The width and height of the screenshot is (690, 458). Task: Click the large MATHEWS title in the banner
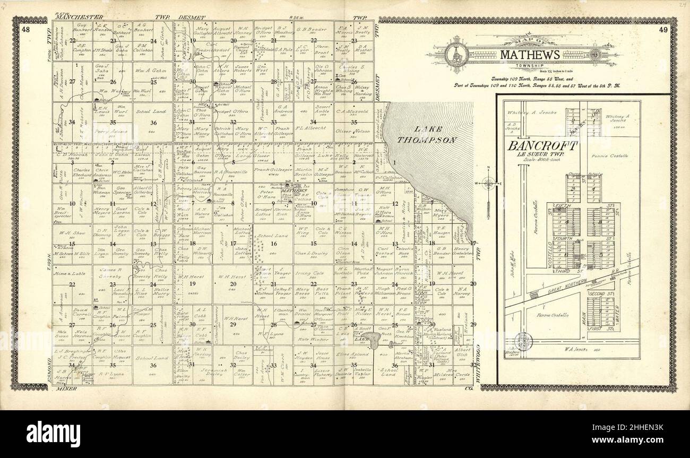point(528,55)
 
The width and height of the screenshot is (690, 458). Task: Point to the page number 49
point(663,30)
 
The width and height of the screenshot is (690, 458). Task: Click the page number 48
point(26,30)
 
